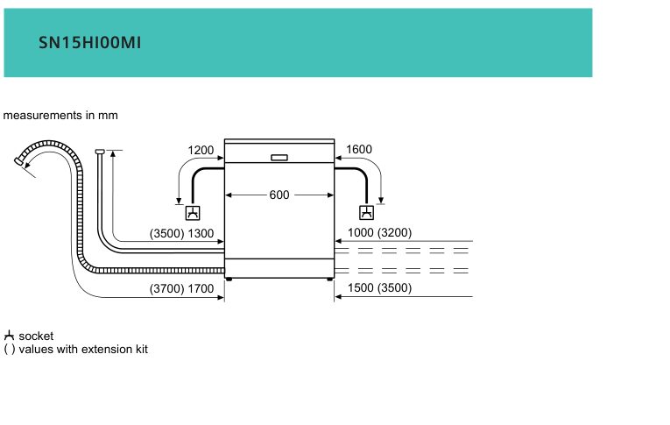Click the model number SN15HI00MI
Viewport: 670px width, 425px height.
coord(89,43)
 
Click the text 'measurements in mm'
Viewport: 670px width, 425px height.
coord(60,116)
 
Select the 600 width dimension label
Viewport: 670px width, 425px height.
coord(279,195)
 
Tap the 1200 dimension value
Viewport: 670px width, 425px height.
coord(201,150)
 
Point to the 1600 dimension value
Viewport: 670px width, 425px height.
coord(359,149)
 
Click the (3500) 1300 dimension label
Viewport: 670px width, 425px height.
coord(181,233)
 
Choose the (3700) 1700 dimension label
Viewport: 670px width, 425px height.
coord(181,288)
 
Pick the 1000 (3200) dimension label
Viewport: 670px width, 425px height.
coord(380,232)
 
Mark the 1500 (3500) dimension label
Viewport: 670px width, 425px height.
coord(380,287)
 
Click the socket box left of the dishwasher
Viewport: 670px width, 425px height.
coord(193,212)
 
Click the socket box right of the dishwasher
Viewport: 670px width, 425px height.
coord(367,212)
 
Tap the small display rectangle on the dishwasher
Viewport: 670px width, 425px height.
coord(279,158)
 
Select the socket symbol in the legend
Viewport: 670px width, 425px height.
coord(9,336)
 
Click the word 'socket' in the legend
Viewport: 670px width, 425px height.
coord(36,336)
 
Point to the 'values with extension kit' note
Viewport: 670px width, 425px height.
coord(83,350)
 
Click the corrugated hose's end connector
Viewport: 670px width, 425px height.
coord(18,161)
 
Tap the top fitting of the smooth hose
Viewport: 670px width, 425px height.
coord(100,152)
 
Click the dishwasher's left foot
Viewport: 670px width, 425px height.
coord(229,280)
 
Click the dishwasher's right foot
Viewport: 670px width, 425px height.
coord(329,280)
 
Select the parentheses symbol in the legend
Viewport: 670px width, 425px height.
coord(10,350)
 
